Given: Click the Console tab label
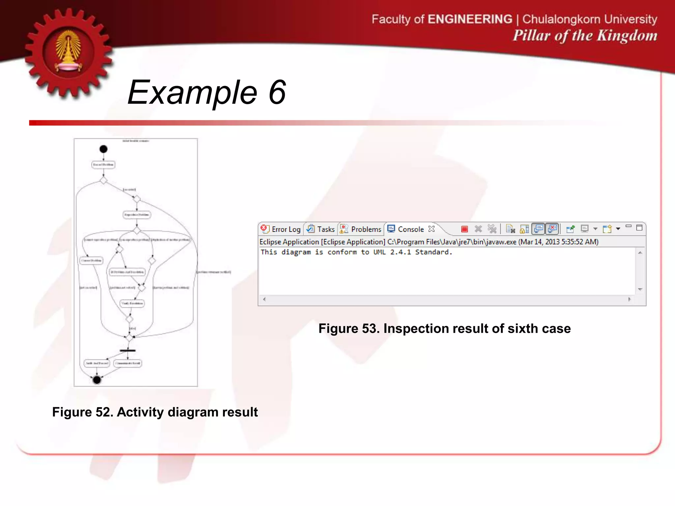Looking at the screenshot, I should tap(410, 229).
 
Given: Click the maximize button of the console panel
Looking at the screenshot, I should tap(639, 228).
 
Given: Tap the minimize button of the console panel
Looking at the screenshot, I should tap(629, 227).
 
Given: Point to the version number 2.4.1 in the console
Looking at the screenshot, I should tap(400, 252).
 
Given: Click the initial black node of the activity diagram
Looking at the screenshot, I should tap(103, 149).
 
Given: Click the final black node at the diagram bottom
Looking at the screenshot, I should tap(97, 380).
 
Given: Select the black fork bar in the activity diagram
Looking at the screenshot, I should tap(128, 351).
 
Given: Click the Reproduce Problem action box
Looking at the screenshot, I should tap(137, 215).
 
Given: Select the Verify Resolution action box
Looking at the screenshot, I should tap(132, 303).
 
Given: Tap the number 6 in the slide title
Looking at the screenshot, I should tap(277, 93).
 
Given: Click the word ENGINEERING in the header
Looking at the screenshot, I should tap(470, 19).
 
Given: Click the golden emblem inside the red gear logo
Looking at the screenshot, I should tap(69, 51).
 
